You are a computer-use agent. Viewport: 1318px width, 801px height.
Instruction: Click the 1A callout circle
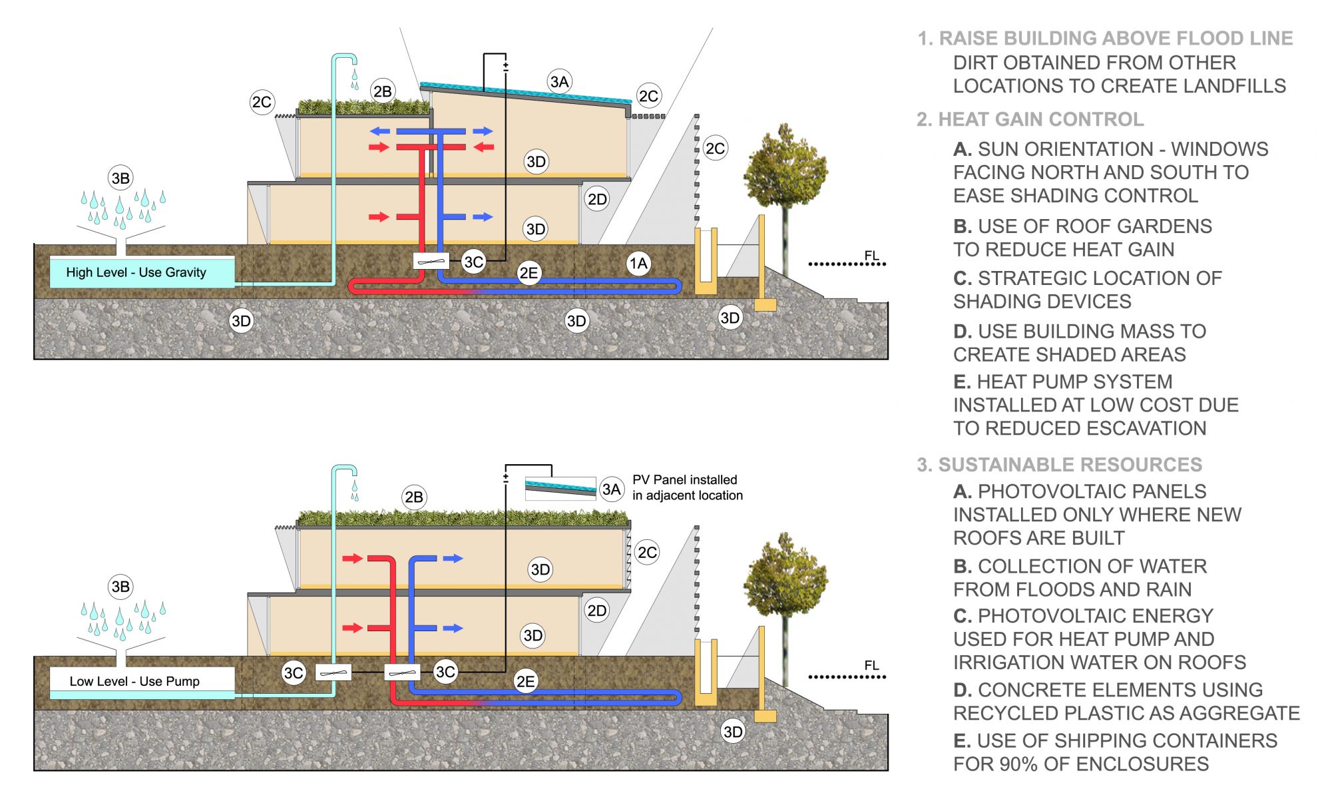[x=638, y=264]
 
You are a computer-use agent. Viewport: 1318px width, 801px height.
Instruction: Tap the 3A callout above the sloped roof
[x=559, y=81]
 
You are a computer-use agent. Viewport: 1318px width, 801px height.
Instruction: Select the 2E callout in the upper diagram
[x=529, y=273]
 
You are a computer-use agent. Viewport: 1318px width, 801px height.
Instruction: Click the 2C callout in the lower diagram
[x=647, y=552]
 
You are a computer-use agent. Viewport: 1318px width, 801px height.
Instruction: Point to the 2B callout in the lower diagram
[x=413, y=497]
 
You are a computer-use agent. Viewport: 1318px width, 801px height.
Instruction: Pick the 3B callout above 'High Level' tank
[x=120, y=178]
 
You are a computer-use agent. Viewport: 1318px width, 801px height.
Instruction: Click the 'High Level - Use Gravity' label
[x=136, y=272]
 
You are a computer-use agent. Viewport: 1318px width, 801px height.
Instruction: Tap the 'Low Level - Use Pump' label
[x=134, y=681]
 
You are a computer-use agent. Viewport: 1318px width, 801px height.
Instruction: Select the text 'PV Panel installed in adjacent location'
[x=687, y=487]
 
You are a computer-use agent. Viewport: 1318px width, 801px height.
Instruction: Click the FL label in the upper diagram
[x=871, y=256]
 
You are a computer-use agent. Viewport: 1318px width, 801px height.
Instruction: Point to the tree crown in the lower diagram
[x=785, y=573]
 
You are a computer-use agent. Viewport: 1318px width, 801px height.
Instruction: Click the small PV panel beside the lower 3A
[x=560, y=487]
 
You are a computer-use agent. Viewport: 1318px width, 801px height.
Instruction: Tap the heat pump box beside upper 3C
[x=431, y=261]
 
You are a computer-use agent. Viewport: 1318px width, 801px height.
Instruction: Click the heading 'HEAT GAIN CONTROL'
[x=1040, y=119]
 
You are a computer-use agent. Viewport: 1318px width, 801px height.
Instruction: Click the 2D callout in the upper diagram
[x=597, y=199]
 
